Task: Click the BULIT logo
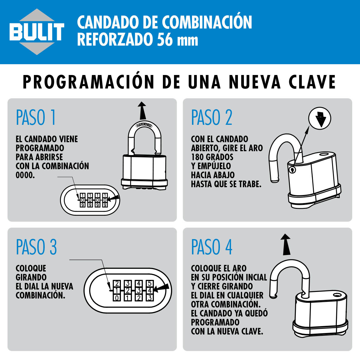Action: [x=37, y=32]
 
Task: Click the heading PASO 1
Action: [x=36, y=117]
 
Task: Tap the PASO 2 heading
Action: [x=212, y=117]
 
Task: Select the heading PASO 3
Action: [x=36, y=247]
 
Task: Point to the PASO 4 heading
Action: [x=212, y=247]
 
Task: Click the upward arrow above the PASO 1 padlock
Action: [x=142, y=110]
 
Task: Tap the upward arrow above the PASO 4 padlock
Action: [x=286, y=244]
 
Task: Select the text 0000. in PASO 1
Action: [x=25, y=175]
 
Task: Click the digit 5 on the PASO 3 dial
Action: [x=150, y=284]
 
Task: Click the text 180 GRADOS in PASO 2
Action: [x=212, y=157]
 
